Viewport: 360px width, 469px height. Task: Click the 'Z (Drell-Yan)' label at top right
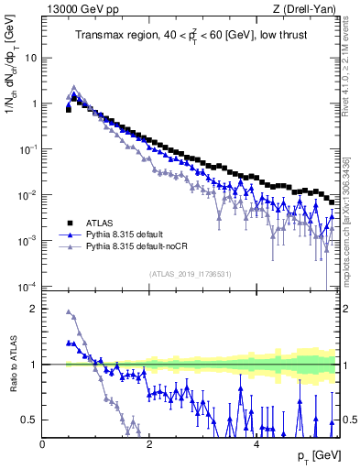[x=307, y=10]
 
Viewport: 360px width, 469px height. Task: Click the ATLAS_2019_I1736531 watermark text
[x=190, y=273]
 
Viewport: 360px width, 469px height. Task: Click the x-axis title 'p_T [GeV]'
[x=317, y=455]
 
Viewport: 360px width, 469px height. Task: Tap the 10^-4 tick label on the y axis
[x=27, y=287]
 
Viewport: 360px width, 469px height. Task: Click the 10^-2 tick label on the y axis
[x=27, y=195]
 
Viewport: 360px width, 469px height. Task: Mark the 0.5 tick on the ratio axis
[x=30, y=420]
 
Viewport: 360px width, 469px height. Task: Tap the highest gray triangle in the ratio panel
[x=69, y=311]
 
